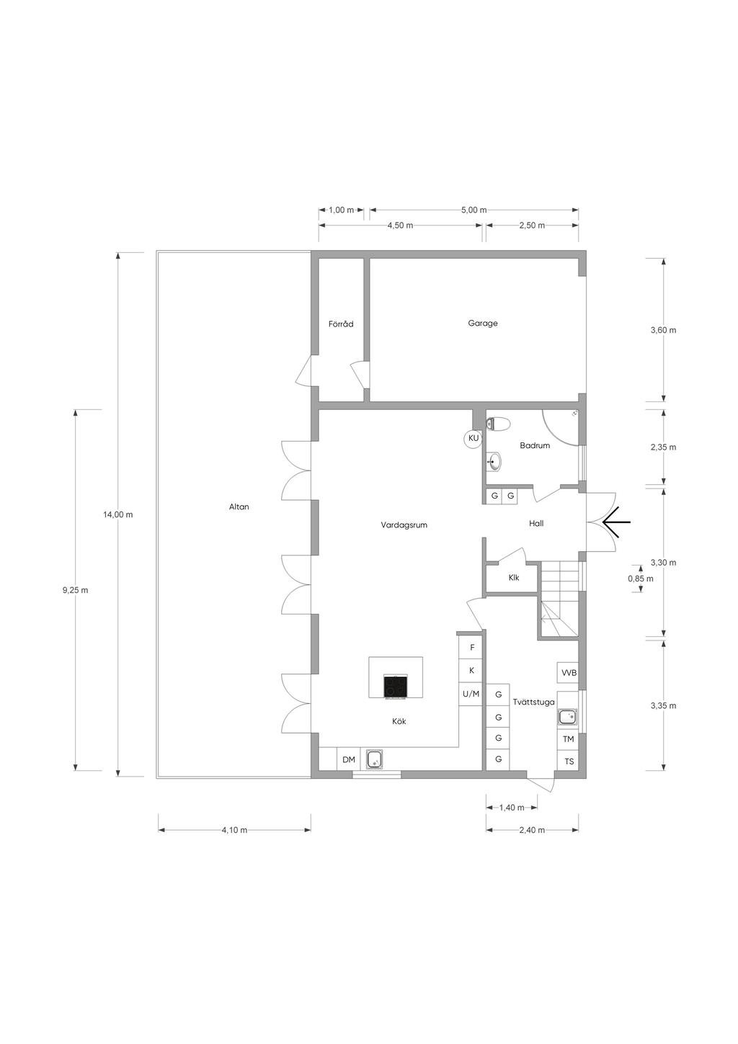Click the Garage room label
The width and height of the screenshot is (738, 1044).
(x=483, y=323)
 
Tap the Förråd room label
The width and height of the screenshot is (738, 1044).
(x=341, y=324)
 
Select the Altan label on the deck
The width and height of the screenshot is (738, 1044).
(x=239, y=507)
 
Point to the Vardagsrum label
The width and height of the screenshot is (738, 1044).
(x=404, y=525)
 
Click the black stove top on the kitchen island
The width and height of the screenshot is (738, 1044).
(x=396, y=686)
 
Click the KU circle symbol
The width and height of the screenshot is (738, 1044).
(x=474, y=438)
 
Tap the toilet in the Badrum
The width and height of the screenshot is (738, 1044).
(x=497, y=424)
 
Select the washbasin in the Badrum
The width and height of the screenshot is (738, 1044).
(x=494, y=462)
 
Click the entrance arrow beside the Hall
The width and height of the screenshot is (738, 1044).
(x=616, y=522)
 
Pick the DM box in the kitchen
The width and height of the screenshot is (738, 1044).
(x=348, y=759)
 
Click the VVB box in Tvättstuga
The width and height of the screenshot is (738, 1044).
(x=569, y=673)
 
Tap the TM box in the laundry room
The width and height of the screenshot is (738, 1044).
(x=568, y=739)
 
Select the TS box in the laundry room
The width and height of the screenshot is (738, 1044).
(x=569, y=762)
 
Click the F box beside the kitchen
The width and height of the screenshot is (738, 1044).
(x=472, y=648)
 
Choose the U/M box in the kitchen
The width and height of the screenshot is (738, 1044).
(x=471, y=694)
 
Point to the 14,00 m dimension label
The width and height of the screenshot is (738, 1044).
(x=118, y=514)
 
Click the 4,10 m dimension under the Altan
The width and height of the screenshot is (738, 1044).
(x=234, y=829)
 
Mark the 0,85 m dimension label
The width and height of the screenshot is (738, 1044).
(x=640, y=579)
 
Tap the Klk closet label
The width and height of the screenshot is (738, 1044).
(x=514, y=577)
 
